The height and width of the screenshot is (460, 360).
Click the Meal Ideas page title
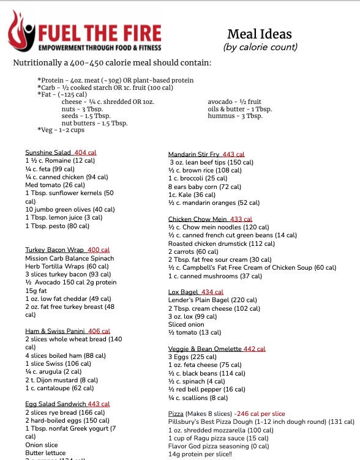(x=260, y=34)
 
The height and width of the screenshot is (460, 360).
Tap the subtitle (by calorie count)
(x=260, y=47)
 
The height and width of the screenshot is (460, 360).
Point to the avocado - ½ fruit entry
(x=234, y=102)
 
